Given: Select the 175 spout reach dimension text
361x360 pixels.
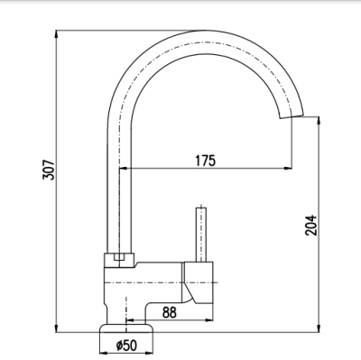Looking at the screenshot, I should point(205,162).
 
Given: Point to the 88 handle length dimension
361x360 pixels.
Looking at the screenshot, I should point(169,311).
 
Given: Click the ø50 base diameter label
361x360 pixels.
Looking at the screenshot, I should point(126,345).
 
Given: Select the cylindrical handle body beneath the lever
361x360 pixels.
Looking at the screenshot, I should point(201,282).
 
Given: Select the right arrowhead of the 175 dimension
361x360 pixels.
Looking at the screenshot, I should point(289,169).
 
